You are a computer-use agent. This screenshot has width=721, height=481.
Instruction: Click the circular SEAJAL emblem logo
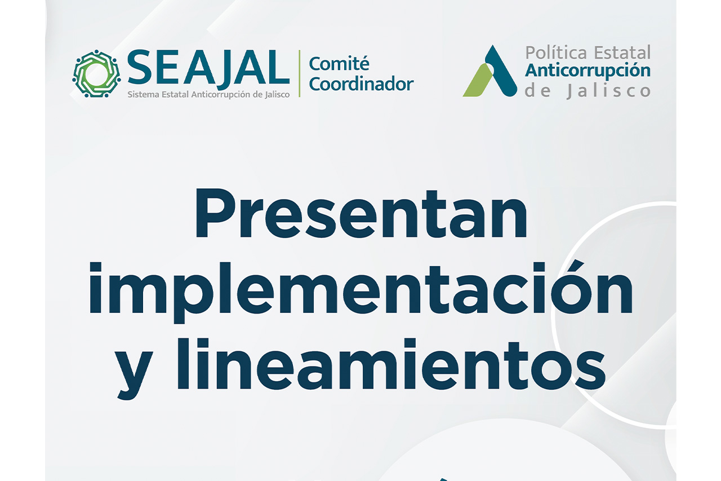96,74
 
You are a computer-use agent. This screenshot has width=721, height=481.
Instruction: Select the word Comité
339,64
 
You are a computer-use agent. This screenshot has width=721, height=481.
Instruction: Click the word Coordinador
361,84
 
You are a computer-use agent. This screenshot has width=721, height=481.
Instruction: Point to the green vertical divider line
299,73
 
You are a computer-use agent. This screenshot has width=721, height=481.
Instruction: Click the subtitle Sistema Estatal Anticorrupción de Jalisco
208,95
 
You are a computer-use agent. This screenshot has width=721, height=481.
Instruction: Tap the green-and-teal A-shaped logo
490,71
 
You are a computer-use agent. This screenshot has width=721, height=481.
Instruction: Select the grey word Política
557,53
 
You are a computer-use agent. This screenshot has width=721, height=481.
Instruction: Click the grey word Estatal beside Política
622,53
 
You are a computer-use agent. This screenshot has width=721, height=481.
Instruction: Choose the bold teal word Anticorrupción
588,71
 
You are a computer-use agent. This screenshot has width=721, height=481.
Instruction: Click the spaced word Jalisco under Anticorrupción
609,91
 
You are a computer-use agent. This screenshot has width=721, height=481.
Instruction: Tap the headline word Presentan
361,214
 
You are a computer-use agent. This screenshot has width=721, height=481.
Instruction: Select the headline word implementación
361,292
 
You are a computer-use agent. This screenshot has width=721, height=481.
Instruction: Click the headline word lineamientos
391,364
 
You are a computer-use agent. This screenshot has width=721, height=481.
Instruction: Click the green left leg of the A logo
478,81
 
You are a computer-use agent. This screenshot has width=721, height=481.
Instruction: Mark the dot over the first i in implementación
96,268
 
